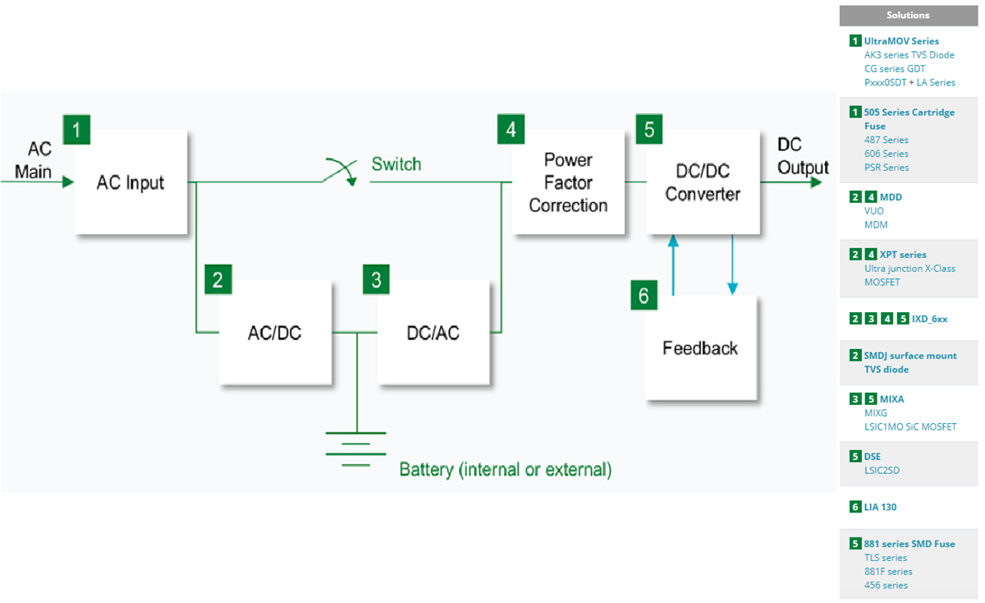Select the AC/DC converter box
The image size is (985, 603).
274,332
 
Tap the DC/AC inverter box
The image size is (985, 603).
433,332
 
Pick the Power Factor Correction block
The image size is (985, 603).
568,182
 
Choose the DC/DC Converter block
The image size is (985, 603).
703,182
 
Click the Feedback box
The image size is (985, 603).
700,348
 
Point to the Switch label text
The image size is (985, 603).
396,164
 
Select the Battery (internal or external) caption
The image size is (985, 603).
505,470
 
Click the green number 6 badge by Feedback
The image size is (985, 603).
644,295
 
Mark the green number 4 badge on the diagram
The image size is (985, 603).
511,129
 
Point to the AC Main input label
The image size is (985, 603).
34,160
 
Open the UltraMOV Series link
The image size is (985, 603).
900,41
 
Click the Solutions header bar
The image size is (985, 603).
908,15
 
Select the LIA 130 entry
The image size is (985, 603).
880,507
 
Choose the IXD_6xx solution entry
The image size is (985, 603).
929,319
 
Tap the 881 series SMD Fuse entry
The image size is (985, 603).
909,544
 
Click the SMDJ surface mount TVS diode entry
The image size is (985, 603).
909,362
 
